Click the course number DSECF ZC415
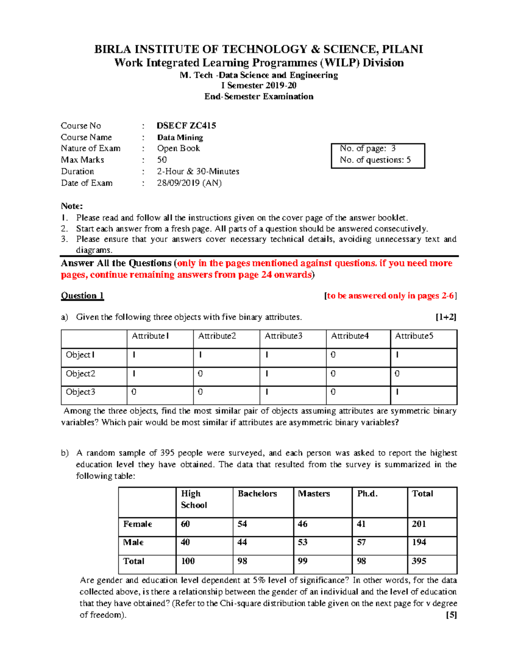coord(186,126)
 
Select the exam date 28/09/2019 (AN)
coord(189,183)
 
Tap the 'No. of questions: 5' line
coord(375,160)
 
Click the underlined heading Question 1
coord(82,296)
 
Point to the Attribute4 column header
coord(350,336)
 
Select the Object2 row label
coord(80,374)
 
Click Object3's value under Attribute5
coord(397,392)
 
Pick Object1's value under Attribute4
coord(333,355)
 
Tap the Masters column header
coord(314,494)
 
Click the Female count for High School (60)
coord(185,524)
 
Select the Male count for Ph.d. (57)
coord(361,542)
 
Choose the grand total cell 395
coord(419,561)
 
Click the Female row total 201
coord(419,524)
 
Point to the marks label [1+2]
coord(445,317)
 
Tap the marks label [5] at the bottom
coord(451,615)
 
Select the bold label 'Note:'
coord(72,206)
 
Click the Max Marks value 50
coord(162,160)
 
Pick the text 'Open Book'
coord(178,148)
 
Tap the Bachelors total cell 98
coord(242,561)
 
